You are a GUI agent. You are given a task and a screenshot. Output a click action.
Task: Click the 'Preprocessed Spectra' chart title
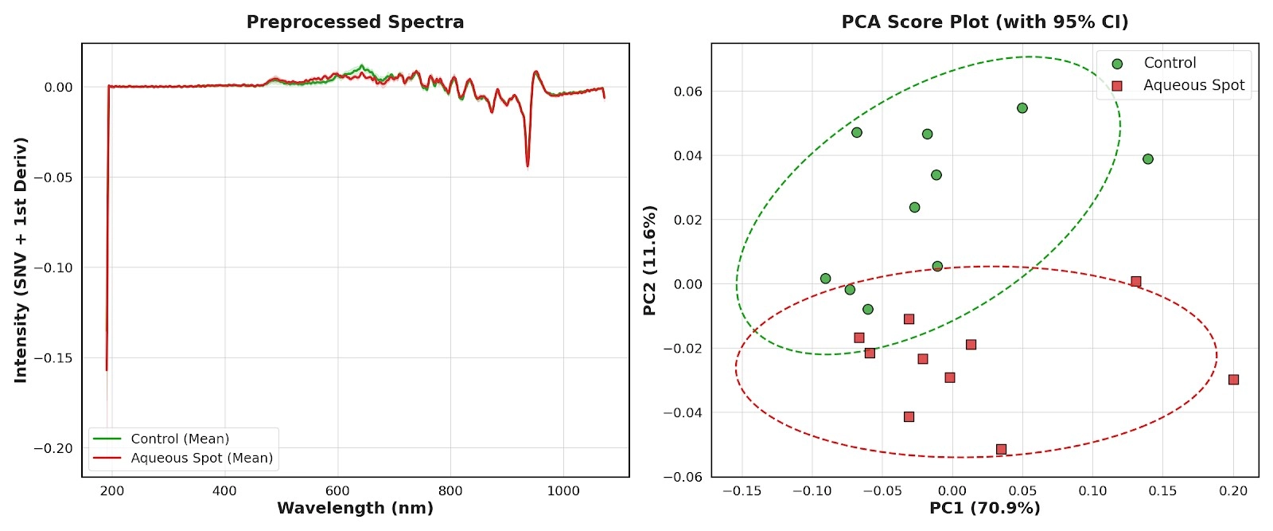[355, 22]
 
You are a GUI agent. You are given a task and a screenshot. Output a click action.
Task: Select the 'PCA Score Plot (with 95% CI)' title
[984, 22]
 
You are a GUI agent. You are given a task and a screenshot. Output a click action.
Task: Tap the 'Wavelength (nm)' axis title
[355, 508]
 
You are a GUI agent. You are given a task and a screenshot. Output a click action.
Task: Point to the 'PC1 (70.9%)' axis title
[984, 508]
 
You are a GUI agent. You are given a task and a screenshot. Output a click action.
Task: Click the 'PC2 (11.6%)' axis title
[650, 260]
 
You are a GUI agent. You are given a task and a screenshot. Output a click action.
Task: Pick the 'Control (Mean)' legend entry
[180, 439]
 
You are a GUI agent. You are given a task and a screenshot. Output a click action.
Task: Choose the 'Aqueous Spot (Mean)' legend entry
[201, 458]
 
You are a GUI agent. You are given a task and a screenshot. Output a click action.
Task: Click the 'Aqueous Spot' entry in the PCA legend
[1193, 85]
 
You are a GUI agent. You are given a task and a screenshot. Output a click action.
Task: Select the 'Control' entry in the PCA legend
[1170, 63]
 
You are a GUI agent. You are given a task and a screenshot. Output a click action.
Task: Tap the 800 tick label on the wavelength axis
[450, 490]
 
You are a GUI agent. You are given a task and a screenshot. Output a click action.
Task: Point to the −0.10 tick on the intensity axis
[53, 267]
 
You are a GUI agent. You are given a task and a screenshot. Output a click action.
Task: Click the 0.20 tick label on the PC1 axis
[1233, 490]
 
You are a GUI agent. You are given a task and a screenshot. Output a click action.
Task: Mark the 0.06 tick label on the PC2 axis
[688, 92]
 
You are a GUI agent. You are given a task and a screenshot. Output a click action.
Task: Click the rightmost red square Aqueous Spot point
[1233, 380]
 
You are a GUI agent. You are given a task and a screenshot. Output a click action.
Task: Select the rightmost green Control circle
[1147, 159]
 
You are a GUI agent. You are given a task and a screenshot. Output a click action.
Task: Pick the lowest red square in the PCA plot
[1001, 450]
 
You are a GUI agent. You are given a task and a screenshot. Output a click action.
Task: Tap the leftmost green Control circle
[825, 279]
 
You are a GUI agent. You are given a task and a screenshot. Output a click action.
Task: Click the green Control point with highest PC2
[1022, 108]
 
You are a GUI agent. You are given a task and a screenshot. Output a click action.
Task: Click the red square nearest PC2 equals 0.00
[1135, 282]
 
